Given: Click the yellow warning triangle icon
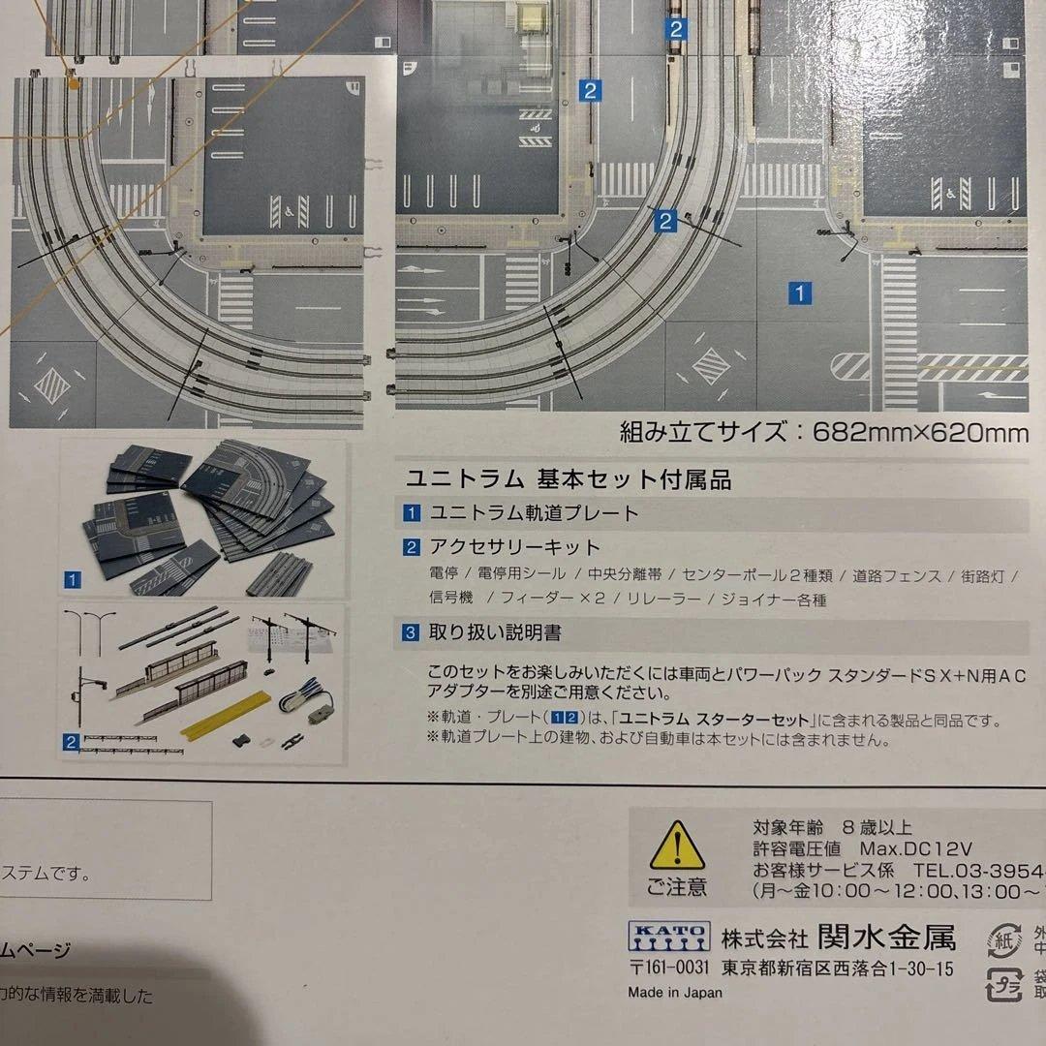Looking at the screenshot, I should coord(677,848).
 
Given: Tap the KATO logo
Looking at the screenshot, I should coord(668,937).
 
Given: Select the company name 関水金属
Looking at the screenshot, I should coord(885,938).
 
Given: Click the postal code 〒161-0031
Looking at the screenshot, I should coord(668,968).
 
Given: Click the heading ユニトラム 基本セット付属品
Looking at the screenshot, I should coord(568,478).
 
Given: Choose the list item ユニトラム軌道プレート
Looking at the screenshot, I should coord(534,513).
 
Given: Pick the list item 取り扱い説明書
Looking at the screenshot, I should coord(495,633).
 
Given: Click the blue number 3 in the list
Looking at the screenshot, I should coord(412,633).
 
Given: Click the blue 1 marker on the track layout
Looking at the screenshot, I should coord(800,292).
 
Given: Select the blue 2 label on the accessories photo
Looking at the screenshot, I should coord(71,743).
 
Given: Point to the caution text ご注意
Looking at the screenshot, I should coord(677,887).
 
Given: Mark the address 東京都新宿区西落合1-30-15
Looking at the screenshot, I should coord(837,968).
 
